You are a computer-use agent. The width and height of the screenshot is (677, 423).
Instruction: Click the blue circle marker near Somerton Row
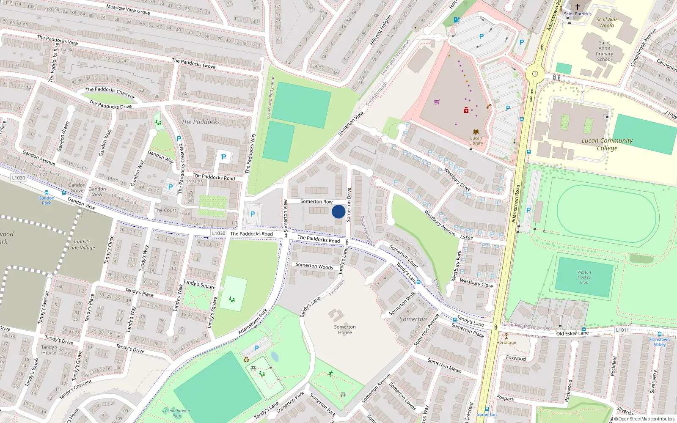[x=338, y=211]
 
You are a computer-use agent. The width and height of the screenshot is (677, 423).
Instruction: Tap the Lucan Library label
[x=476, y=140]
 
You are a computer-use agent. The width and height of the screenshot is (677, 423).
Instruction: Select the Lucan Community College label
[x=607, y=144]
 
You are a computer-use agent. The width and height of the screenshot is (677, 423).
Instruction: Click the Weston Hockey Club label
[x=584, y=277]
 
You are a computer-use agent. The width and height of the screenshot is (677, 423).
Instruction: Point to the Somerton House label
[x=345, y=330]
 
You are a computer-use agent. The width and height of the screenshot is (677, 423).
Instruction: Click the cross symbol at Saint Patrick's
[x=577, y=7]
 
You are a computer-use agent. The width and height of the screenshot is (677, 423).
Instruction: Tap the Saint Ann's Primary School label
[x=604, y=51]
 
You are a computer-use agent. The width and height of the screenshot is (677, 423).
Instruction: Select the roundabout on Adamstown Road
[x=535, y=74]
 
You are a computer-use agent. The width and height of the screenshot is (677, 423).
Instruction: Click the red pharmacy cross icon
[x=466, y=110]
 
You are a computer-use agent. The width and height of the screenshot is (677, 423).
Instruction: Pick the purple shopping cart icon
[x=437, y=102]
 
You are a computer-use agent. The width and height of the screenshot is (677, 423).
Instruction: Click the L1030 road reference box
[x=19, y=178]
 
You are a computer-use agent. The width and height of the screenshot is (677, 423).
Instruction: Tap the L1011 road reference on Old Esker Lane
[x=622, y=330]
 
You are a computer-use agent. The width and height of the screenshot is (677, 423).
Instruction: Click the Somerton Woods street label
[x=314, y=266]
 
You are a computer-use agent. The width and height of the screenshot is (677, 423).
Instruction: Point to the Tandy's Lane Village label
[x=82, y=244]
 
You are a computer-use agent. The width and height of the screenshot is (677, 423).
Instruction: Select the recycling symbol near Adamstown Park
[x=246, y=360]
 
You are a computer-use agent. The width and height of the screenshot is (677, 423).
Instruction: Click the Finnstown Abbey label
[x=659, y=342]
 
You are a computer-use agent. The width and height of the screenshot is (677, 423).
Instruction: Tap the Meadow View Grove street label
[x=128, y=9]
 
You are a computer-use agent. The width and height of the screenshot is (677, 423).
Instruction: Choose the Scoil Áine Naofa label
[x=607, y=22]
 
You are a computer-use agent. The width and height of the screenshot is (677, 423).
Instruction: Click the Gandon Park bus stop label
[x=47, y=201]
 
